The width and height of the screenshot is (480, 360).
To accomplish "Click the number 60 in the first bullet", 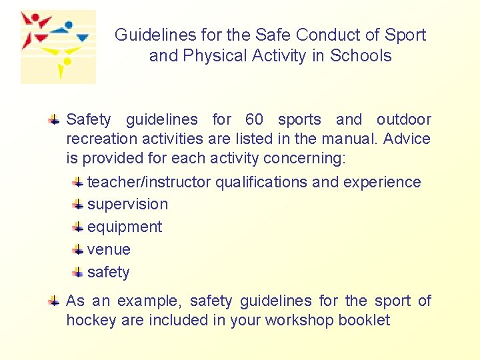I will point(254,120).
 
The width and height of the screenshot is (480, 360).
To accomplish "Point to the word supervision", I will point(127,205).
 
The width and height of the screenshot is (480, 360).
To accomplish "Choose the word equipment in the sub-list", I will point(125,227).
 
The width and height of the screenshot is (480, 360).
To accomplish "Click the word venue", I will point(109,250).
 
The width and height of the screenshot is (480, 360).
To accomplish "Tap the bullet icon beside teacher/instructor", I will point(78,182).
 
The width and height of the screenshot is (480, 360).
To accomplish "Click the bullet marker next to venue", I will point(78,250).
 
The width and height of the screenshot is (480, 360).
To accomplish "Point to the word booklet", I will point(364,321).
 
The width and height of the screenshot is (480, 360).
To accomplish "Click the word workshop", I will point(300,321).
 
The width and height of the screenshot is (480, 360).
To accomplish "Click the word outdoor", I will point(403,120).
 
